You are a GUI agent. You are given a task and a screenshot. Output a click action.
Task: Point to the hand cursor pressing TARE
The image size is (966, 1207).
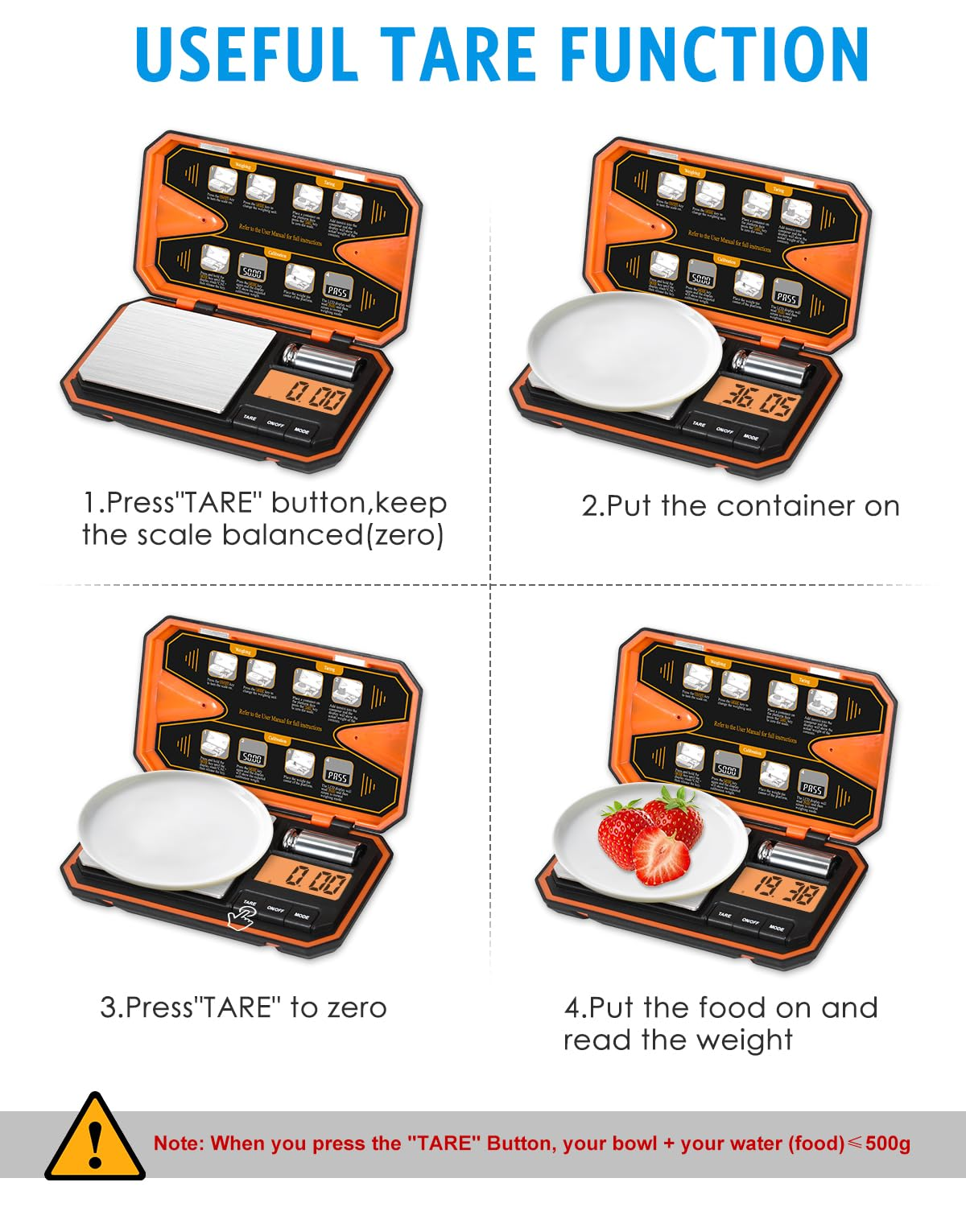click(241, 918)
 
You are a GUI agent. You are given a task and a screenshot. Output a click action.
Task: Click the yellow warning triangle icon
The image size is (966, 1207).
click(94, 1138)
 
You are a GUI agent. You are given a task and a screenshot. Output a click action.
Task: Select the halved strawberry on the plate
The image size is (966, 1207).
click(662, 856)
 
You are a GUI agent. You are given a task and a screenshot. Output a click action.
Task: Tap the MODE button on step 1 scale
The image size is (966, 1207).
click(302, 431)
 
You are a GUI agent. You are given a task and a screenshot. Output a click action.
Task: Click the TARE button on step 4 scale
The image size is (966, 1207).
click(724, 915)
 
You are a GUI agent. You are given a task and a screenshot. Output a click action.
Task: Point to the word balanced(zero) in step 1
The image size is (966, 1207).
click(332, 535)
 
